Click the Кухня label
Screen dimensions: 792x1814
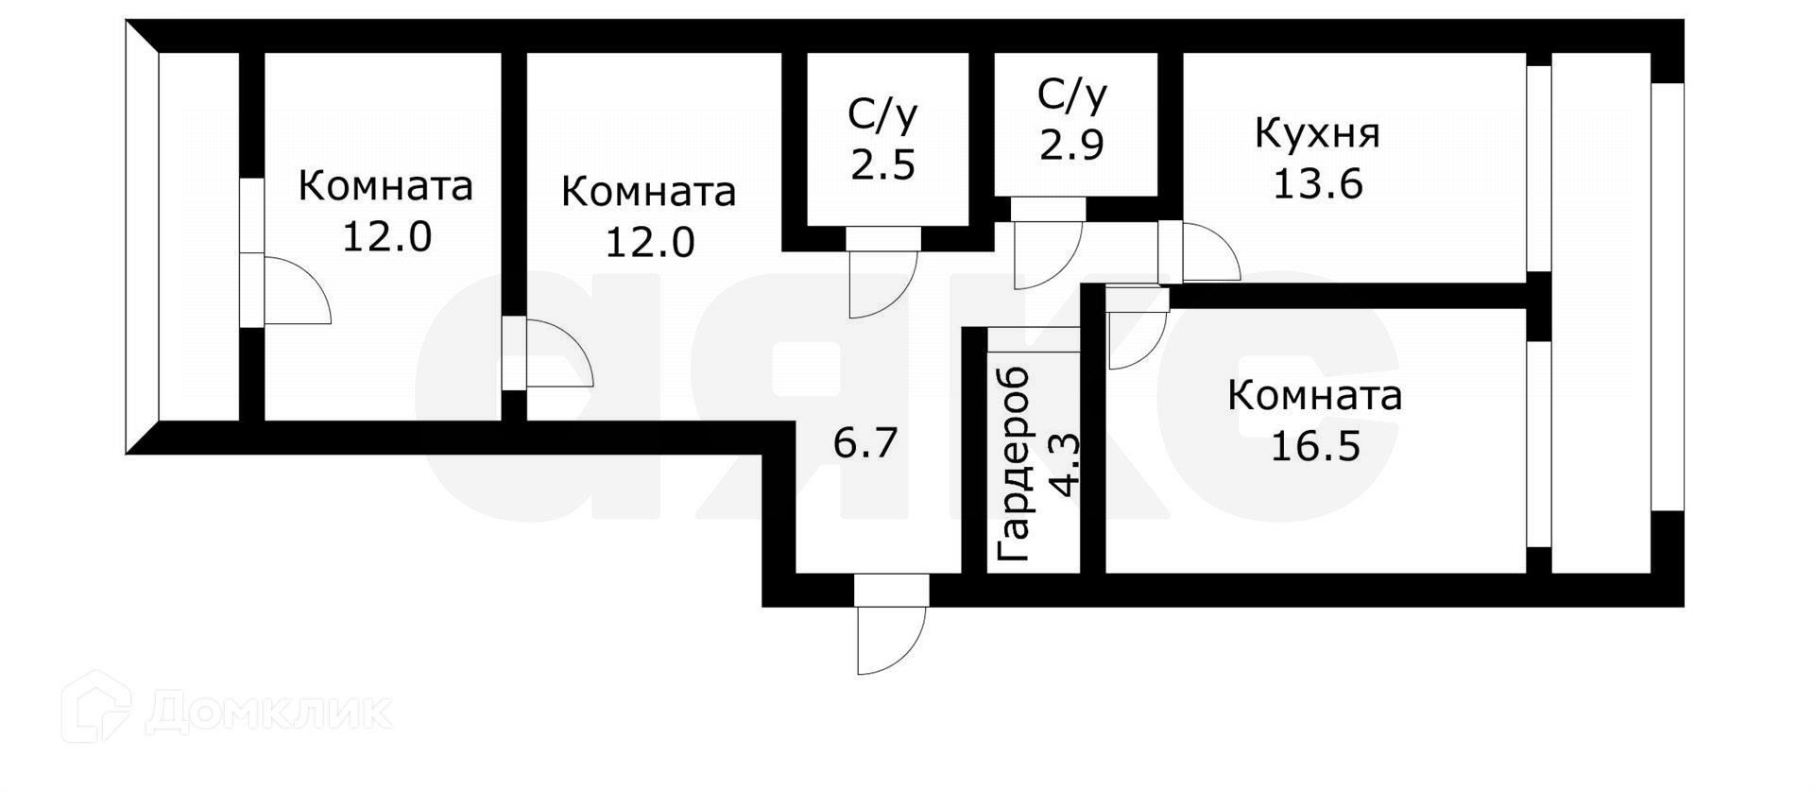(x=1317, y=134)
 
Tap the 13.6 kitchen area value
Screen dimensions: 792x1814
(x=1317, y=183)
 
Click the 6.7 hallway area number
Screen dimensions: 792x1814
(x=864, y=442)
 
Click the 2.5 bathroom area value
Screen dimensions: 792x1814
(x=882, y=164)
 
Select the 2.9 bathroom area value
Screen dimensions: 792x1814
(x=1071, y=145)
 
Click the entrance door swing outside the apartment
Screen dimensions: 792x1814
(x=890, y=638)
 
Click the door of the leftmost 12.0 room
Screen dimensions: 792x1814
(x=295, y=289)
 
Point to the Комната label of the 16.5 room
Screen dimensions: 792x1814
(x=1314, y=396)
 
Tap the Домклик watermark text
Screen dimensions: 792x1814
(x=268, y=712)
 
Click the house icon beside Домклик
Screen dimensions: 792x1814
(x=95, y=707)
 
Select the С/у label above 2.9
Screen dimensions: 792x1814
(x=1071, y=95)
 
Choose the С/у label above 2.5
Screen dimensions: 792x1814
(x=882, y=114)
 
